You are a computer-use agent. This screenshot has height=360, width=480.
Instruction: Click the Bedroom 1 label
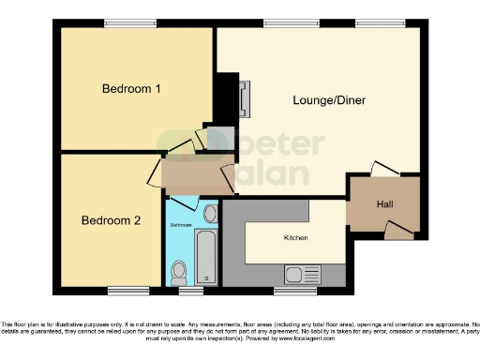132,89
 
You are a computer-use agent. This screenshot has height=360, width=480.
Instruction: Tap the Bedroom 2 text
111,221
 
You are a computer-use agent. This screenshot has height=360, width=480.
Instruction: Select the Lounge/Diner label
329,100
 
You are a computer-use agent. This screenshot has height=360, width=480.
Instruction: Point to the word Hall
384,204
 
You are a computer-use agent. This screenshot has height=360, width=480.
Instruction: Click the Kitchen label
296,238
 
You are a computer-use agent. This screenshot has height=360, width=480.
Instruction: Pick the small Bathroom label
181,226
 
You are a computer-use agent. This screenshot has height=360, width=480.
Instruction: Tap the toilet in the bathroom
179,272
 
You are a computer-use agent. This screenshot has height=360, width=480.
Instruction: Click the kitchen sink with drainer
302,275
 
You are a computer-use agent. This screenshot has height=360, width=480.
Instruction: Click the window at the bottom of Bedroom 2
127,290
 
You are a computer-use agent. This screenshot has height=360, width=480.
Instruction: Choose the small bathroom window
191,290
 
